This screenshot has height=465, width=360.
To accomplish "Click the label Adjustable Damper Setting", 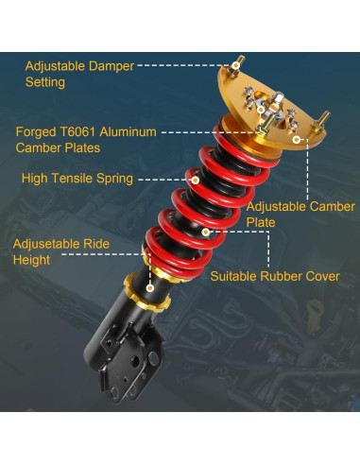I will click(78, 75).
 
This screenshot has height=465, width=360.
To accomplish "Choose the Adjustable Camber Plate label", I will click(300, 215).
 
